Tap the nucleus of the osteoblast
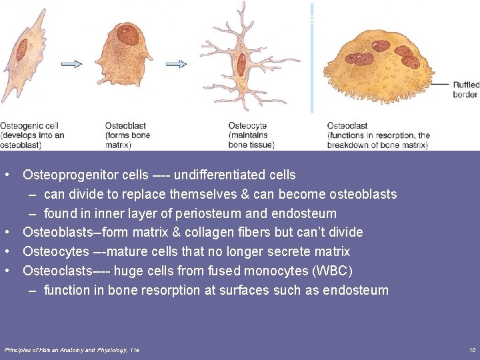[126, 35]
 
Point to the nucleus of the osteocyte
[241, 65]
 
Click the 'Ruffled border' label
[465, 89]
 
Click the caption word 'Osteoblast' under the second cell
[125, 126]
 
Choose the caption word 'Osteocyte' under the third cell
[247, 126]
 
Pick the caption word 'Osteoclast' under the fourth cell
[347, 126]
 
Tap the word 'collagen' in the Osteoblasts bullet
[216, 233]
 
